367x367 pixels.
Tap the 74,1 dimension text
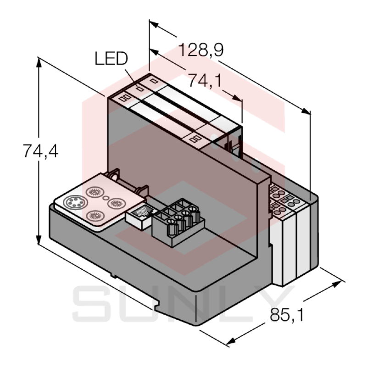pyautogui.click(x=205, y=81)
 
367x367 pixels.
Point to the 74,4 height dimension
pyautogui.click(x=41, y=151)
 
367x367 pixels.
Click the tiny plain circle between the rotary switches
pyautogui.click(x=106, y=199)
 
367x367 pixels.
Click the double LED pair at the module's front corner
pyautogui.click(x=123, y=98)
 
